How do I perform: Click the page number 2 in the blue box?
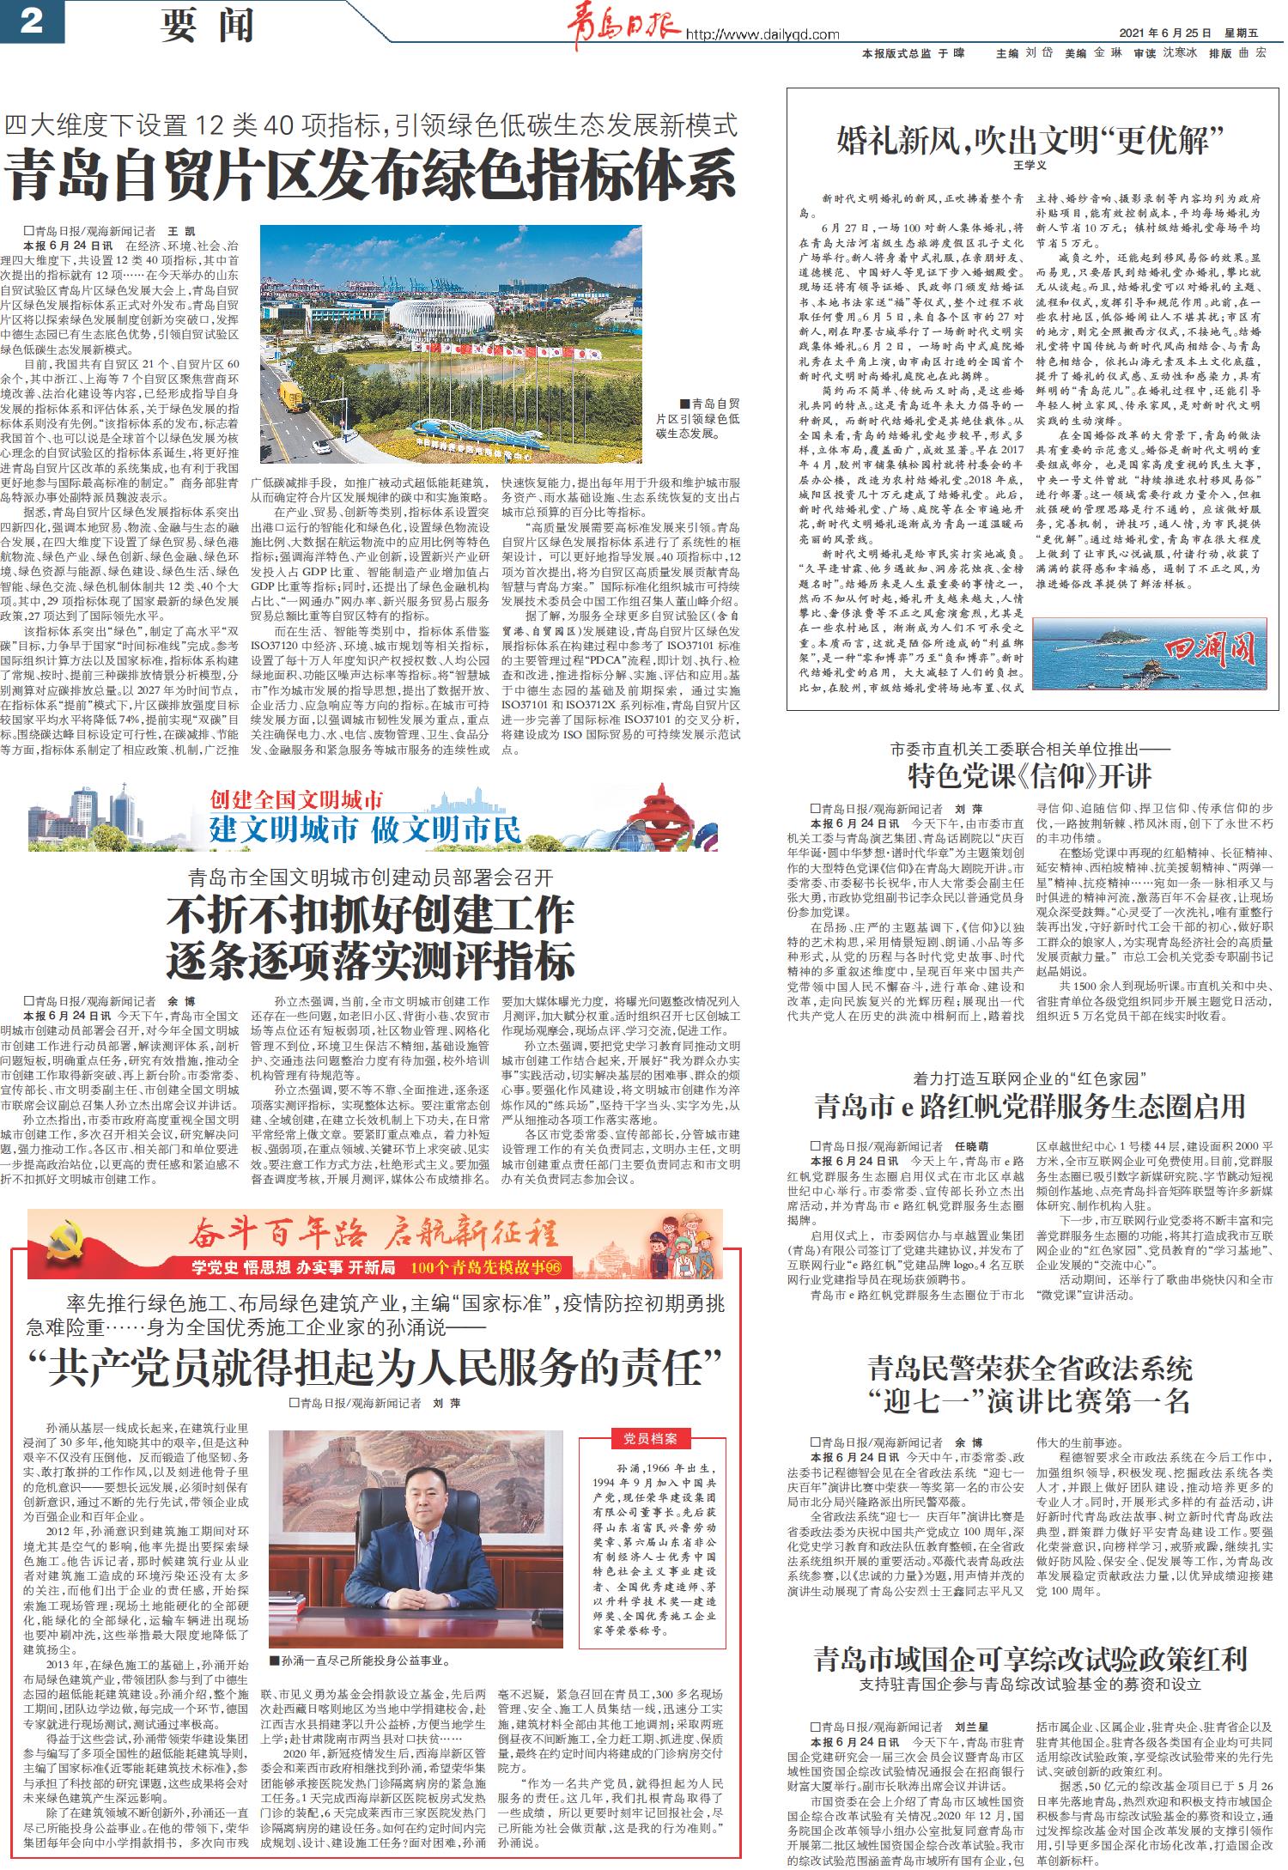pos(31,21)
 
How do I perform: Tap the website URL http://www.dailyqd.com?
pos(762,35)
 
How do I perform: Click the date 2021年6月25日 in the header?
pos(1165,33)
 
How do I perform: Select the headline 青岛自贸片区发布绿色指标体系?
pos(371,174)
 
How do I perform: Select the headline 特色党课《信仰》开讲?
pos(1030,777)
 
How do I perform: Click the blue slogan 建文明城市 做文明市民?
pos(366,830)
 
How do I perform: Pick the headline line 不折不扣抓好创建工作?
pos(370,916)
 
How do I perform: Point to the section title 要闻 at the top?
pos(206,26)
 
